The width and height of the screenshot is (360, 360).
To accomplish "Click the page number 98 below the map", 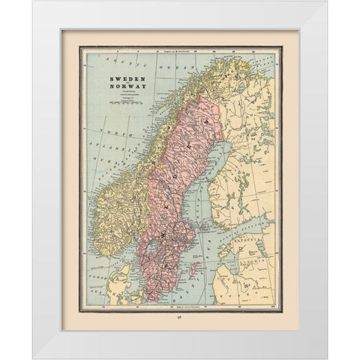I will pos(179,318).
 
